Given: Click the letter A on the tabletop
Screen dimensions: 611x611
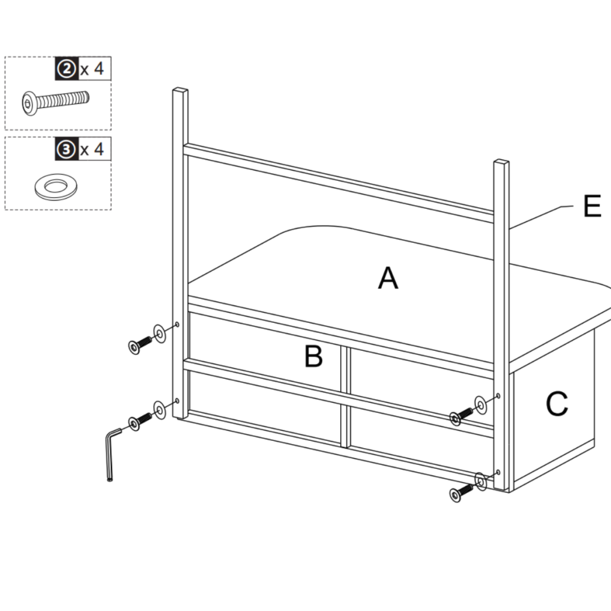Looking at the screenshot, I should [388, 279].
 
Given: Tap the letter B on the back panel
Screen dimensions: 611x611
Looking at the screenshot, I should [313, 356].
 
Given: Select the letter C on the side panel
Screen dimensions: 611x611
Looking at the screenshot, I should [556, 405].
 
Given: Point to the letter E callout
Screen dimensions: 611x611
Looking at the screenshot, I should [591, 207].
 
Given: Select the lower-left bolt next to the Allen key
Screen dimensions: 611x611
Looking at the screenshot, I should [140, 422].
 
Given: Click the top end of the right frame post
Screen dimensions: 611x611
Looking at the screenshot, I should [502, 162].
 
